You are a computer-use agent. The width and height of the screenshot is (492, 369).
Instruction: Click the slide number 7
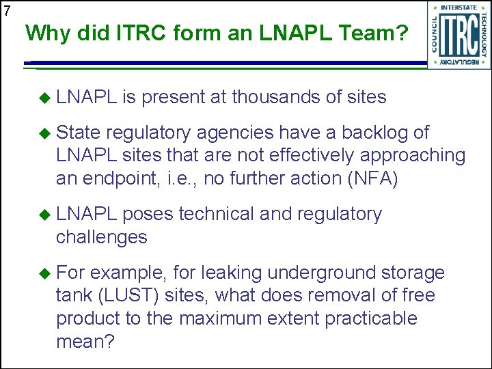pyautogui.click(x=7, y=10)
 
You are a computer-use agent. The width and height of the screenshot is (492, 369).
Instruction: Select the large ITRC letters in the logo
pyautogui.click(x=459, y=36)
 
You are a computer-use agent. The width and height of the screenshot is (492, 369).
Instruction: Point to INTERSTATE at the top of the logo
pyautogui.click(x=459, y=8)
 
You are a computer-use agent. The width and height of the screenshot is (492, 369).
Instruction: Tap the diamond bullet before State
pyautogui.click(x=46, y=132)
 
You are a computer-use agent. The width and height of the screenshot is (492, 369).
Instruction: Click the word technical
pyautogui.click(x=217, y=214)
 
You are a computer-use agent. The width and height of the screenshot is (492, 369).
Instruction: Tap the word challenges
pyautogui.click(x=102, y=237)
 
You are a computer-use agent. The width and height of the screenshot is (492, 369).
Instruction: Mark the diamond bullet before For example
pyautogui.click(x=46, y=273)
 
